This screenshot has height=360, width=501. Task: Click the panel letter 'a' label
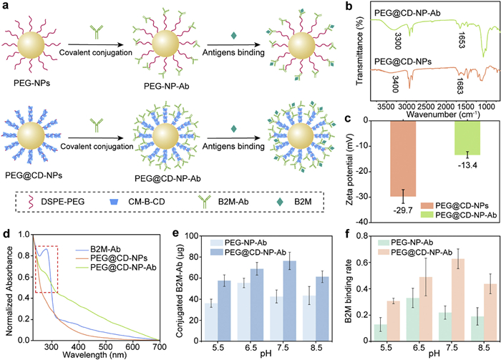(6, 6)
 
